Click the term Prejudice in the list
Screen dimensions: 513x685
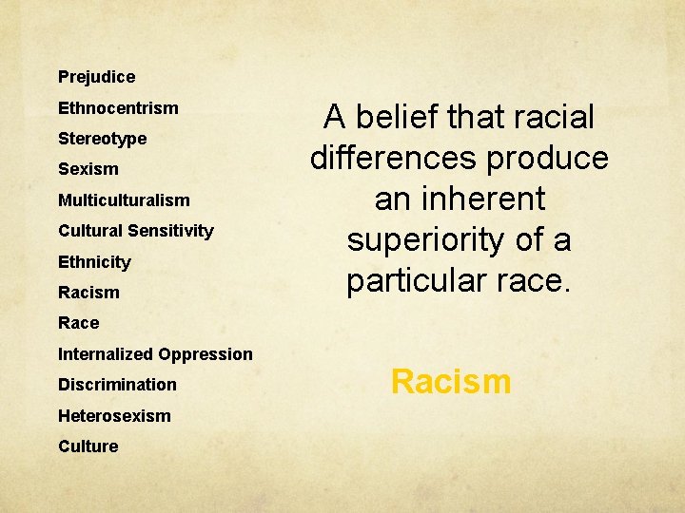tap(96, 77)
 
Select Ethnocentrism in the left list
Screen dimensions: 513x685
tap(118, 108)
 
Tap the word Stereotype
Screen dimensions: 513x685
tap(102, 139)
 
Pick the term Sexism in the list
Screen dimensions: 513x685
tap(88, 169)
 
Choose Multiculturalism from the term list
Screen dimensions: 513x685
tap(124, 200)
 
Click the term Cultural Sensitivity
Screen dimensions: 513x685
tap(136, 231)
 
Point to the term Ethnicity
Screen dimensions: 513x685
tap(94, 262)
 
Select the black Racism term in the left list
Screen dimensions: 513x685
tap(88, 293)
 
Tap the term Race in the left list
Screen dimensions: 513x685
tap(78, 323)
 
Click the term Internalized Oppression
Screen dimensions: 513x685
tap(155, 354)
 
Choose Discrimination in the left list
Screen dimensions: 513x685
tap(117, 385)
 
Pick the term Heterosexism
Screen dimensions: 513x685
tap(114, 416)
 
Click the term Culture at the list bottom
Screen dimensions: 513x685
tap(88, 446)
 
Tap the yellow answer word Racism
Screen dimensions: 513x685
tap(451, 382)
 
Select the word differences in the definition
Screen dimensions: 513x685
tap(395, 159)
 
